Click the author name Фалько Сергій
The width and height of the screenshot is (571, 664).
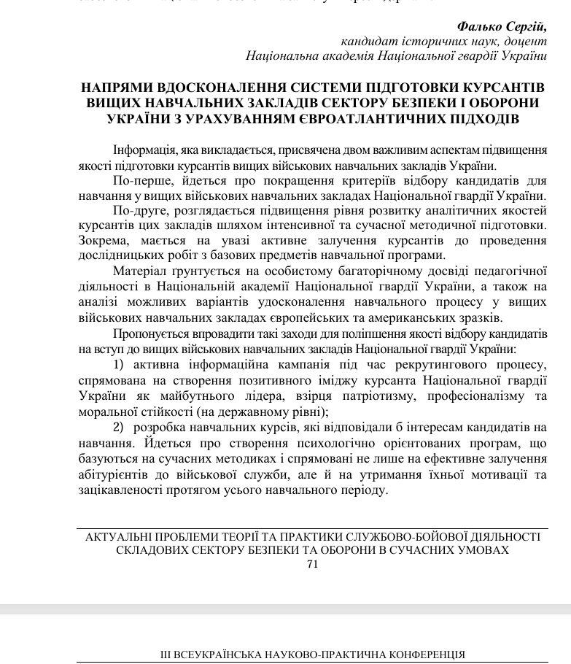coord(502,26)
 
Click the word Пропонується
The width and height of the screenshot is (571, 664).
coord(151,333)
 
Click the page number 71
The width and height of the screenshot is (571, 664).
coord(313,564)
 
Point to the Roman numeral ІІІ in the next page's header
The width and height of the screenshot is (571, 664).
coord(167,655)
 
